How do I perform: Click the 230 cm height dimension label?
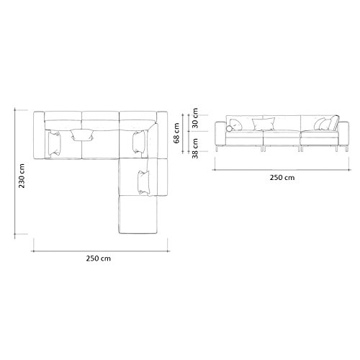22,176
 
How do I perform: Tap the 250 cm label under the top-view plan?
99,258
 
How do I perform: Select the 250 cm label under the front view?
282,178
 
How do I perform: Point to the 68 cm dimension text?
176,133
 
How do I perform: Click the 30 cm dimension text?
195,118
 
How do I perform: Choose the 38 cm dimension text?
195,148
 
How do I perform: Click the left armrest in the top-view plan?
39,135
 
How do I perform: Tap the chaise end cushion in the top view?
138,215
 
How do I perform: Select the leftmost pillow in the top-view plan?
54,143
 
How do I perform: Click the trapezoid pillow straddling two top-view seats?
82,135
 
